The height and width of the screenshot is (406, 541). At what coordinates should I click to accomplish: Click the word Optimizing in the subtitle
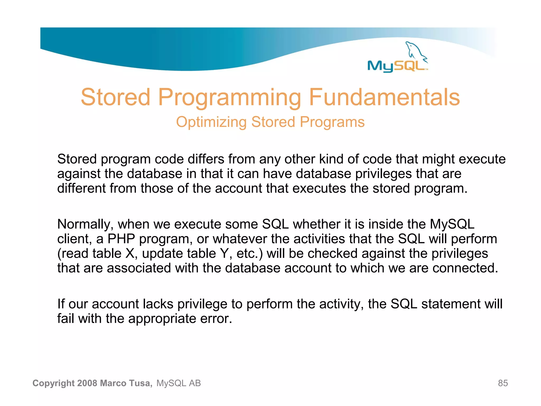pos(211,122)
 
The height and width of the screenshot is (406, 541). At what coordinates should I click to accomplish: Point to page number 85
pos(503,383)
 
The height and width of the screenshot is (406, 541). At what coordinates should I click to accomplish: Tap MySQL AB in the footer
pos(179,383)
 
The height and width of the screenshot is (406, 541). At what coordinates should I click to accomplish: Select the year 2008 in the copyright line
pos(87,383)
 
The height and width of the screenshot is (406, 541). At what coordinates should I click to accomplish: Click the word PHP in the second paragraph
pos(121,239)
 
